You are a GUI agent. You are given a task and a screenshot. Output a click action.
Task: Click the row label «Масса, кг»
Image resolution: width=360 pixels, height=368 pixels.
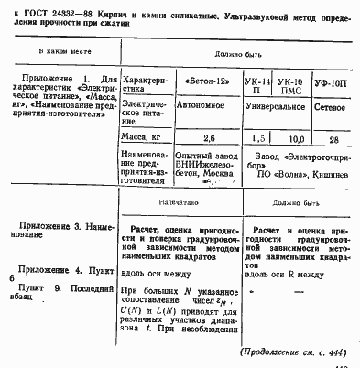coord(142,137)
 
